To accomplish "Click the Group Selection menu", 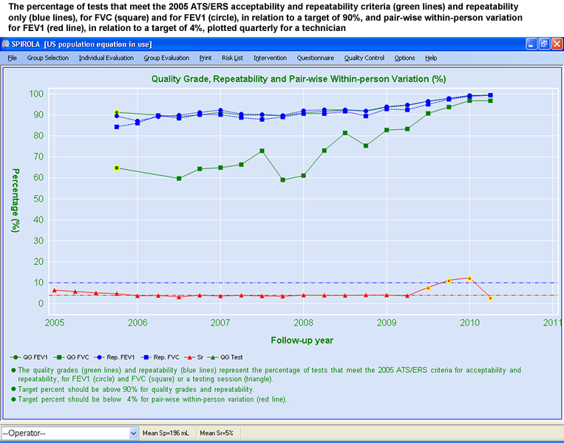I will coord(47,58).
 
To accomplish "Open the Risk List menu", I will coord(232,58).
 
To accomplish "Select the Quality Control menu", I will coord(364,58).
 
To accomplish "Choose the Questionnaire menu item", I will coord(315,58).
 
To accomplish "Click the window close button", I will coord(556,44).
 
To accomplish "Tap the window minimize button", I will coord(531,44).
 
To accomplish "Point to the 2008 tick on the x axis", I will coord(302,323).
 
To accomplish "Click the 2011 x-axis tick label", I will coord(552,323).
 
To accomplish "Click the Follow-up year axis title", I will coord(302,340).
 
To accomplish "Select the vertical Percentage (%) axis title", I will coord(14,199).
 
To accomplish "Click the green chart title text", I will coord(298,78).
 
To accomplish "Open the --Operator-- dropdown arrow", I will coord(134,433).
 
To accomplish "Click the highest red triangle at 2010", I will coord(469,278).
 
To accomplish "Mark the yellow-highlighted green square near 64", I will coord(117,168).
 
